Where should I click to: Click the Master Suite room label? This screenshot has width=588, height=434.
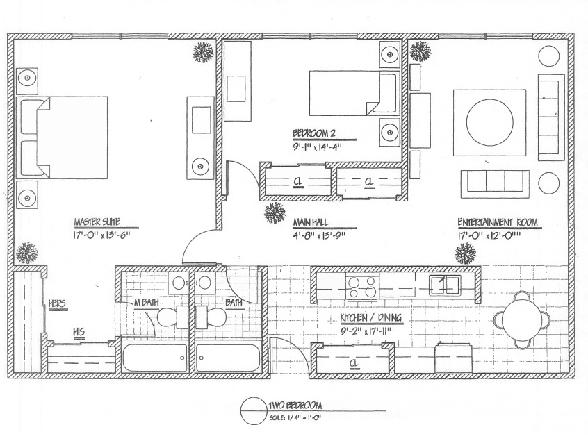pos(97,222)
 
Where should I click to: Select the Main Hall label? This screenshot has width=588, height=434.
pos(311,222)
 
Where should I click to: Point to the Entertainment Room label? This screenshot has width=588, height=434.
pos(498,222)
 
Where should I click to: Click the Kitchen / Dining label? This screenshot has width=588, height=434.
pos(370,318)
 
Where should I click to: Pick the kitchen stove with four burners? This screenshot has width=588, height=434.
pos(362,287)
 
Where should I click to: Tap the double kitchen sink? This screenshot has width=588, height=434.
pos(445,285)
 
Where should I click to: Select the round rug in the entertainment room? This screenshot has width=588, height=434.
pos(489,122)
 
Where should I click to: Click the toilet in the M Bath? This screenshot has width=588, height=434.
pos(173,317)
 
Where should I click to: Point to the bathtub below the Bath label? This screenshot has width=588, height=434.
pos(228,358)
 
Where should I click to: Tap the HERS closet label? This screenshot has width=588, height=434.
pos(57,303)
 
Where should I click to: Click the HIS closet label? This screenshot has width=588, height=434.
pos(79,332)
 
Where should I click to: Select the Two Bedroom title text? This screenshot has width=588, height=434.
pos(295,405)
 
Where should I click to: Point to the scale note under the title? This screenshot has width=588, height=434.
pos(295,417)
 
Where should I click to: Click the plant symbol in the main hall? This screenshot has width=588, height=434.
pos(275,213)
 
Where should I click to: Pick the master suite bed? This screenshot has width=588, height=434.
pos(62,137)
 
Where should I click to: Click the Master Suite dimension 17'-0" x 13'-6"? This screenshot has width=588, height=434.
pos(101,235)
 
